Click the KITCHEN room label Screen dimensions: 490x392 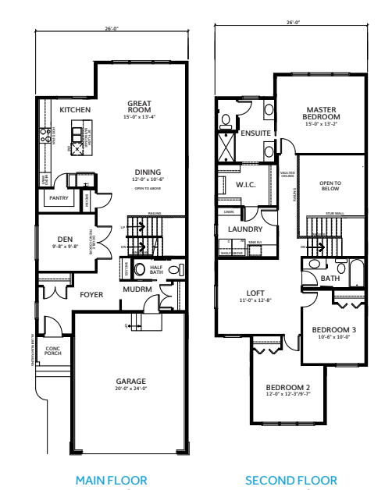pyautogui.click(x=76, y=110)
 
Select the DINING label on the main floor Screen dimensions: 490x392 pyautogui.click(x=147, y=172)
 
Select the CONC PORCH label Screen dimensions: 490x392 pyautogui.click(x=53, y=350)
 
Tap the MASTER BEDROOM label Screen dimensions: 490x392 pyautogui.click(x=320, y=113)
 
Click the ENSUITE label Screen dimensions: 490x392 pyautogui.click(x=255, y=133)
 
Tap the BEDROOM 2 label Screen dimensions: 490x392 pyautogui.click(x=287, y=388)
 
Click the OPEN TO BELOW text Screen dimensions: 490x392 pyautogui.click(x=331, y=186)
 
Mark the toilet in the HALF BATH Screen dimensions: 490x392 pyautogui.click(x=141, y=270)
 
